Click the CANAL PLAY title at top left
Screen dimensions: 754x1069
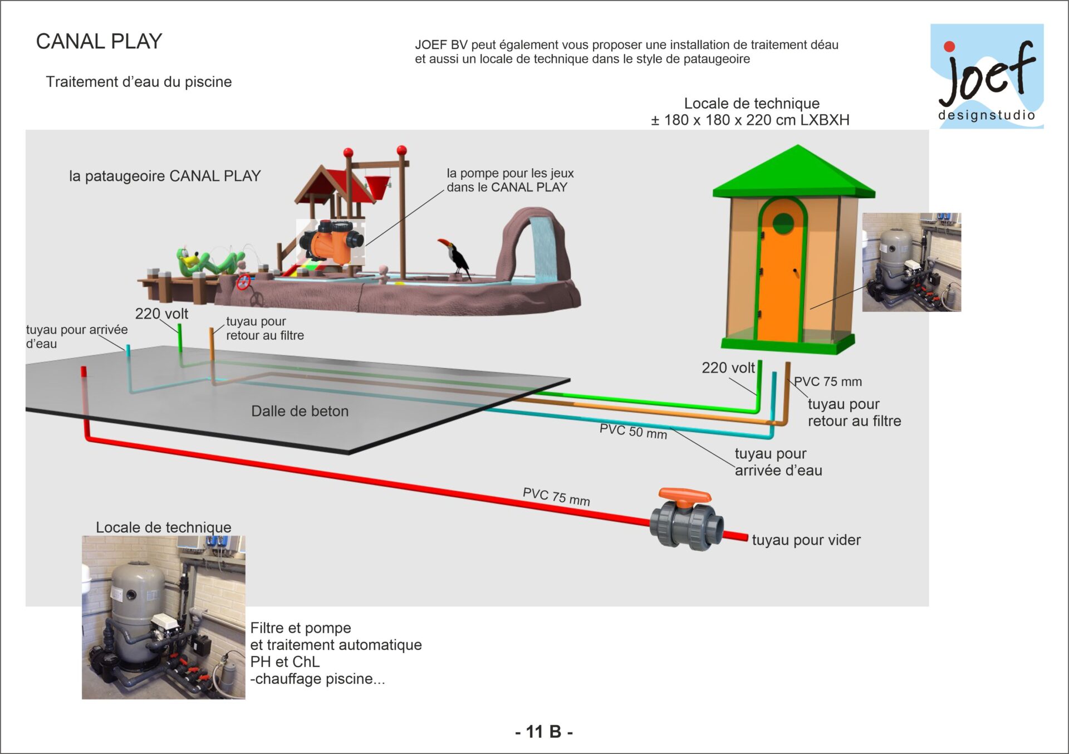99,41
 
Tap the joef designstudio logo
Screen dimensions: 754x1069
987,76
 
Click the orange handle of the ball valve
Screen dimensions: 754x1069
685,495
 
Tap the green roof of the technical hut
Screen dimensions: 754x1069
794,173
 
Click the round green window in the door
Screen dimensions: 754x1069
783,224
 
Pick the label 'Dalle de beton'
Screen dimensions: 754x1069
300,411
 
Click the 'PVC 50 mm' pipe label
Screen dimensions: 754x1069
633,431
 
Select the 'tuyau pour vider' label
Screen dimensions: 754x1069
806,540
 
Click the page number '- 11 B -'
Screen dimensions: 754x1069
543,731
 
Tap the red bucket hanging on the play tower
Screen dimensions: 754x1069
377,187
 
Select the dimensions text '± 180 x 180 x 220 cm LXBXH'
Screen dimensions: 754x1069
750,120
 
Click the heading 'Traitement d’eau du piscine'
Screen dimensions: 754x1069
139,82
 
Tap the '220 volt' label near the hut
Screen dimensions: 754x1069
728,368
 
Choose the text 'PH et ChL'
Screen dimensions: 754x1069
285,662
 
